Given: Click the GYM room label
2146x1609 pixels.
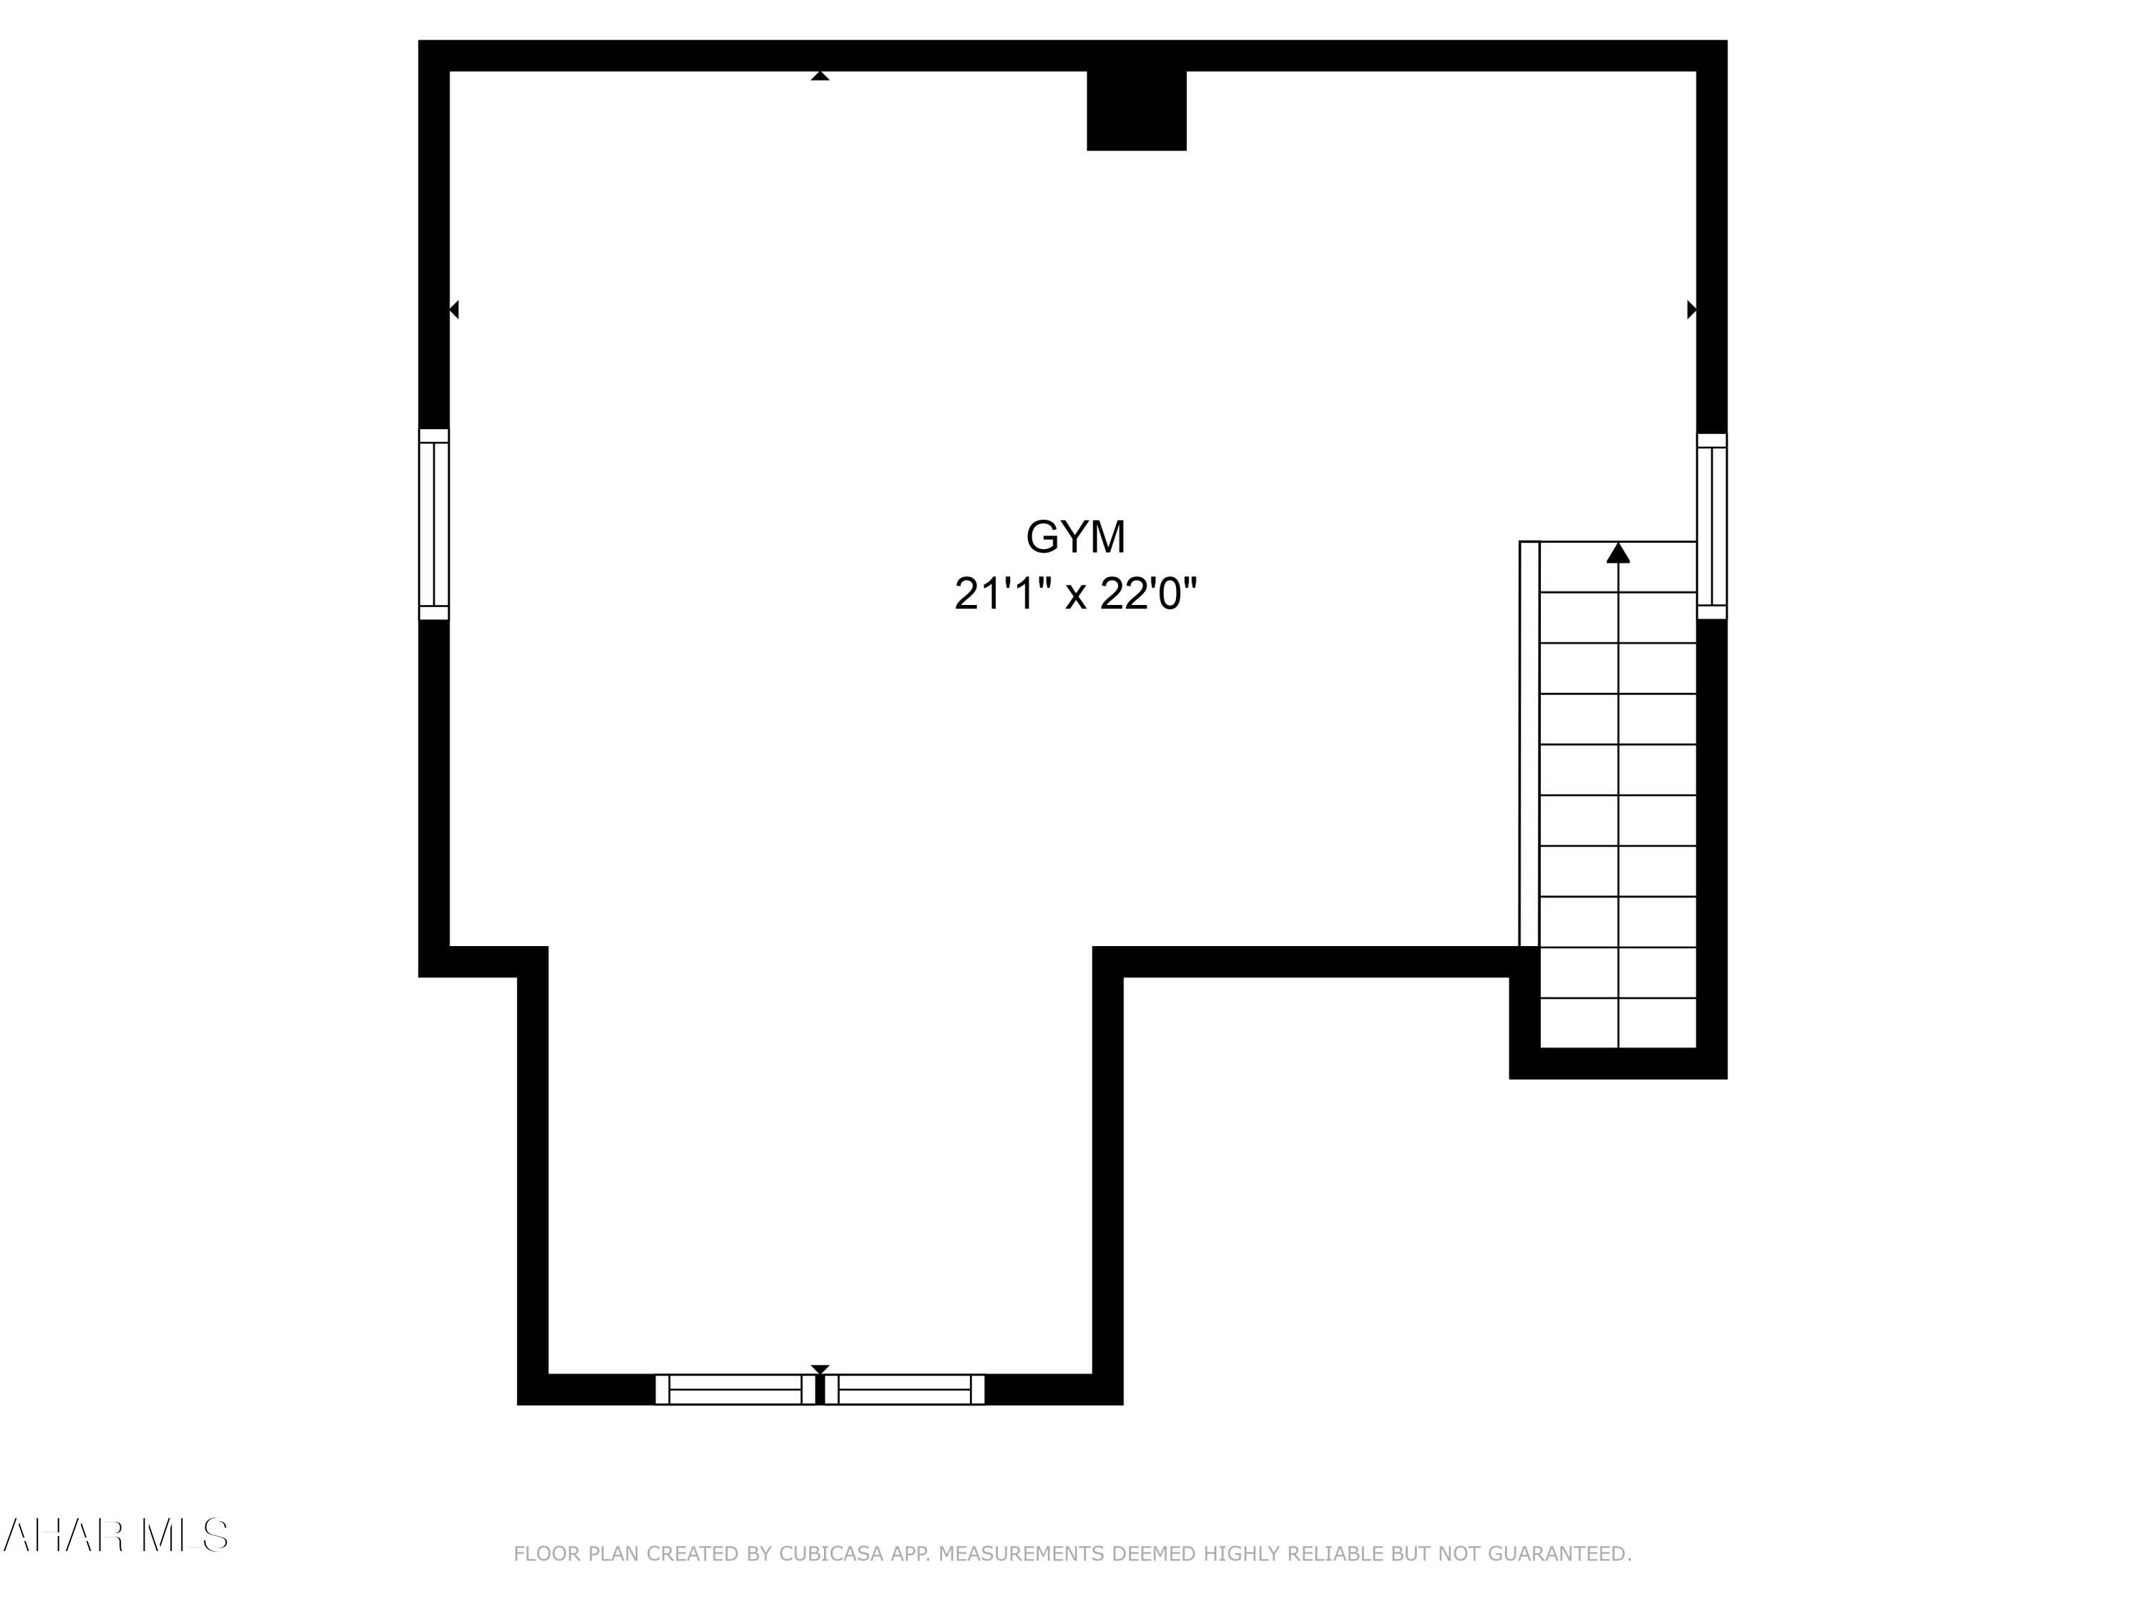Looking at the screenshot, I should [x=1075, y=537].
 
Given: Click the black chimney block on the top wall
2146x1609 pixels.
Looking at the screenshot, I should [x=1136, y=109].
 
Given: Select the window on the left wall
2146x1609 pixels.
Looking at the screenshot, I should [x=433, y=523].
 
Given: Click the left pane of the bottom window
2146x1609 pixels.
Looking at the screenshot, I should [x=735, y=1389].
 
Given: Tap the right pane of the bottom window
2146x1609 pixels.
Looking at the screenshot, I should [x=904, y=1389].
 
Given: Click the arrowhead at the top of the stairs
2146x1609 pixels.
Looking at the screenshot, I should [x=1617, y=553].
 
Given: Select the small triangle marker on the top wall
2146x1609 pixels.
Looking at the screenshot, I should [x=820, y=76].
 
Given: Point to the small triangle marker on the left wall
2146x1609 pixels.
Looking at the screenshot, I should [x=454, y=310].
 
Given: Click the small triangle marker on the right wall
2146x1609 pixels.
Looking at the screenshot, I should [x=1691, y=310].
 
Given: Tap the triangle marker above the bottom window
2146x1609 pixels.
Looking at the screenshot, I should [x=820, y=1369].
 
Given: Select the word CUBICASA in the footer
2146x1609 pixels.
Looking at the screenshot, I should [x=831, y=1554].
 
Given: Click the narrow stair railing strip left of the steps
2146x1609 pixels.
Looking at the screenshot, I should [x=1529, y=743].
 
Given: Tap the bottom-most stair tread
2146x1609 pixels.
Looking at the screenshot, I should [x=1617, y=1023].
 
